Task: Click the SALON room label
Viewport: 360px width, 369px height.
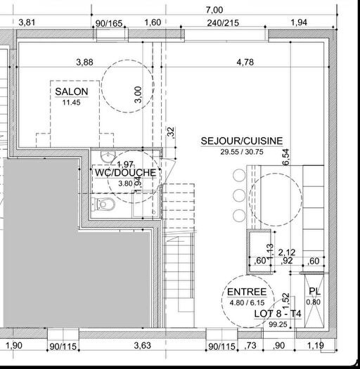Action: pyautogui.click(x=72, y=92)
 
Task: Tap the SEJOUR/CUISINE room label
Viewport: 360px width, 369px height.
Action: pyautogui.click(x=242, y=141)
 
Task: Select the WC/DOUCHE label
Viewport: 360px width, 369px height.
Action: pyautogui.click(x=125, y=172)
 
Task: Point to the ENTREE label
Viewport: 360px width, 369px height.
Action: pyautogui.click(x=247, y=292)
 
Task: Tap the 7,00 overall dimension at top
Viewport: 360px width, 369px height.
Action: pyautogui.click(x=214, y=10)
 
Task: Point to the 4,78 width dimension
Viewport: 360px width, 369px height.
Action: pyautogui.click(x=245, y=63)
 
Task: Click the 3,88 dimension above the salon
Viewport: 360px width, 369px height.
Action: pyautogui.click(x=84, y=63)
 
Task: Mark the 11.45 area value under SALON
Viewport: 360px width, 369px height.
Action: pyautogui.click(x=72, y=103)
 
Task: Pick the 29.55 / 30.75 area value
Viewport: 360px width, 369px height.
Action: pyautogui.click(x=241, y=151)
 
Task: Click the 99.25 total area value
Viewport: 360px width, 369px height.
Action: pyautogui.click(x=258, y=324)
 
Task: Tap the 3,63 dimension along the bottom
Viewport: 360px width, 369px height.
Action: pyautogui.click(x=142, y=345)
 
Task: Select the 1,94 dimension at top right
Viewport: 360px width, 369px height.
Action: pyautogui.click(x=298, y=22)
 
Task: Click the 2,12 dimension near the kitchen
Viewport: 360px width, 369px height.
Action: pyautogui.click(x=285, y=252)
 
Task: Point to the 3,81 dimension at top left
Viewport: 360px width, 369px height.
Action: pyautogui.click(x=27, y=22)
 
